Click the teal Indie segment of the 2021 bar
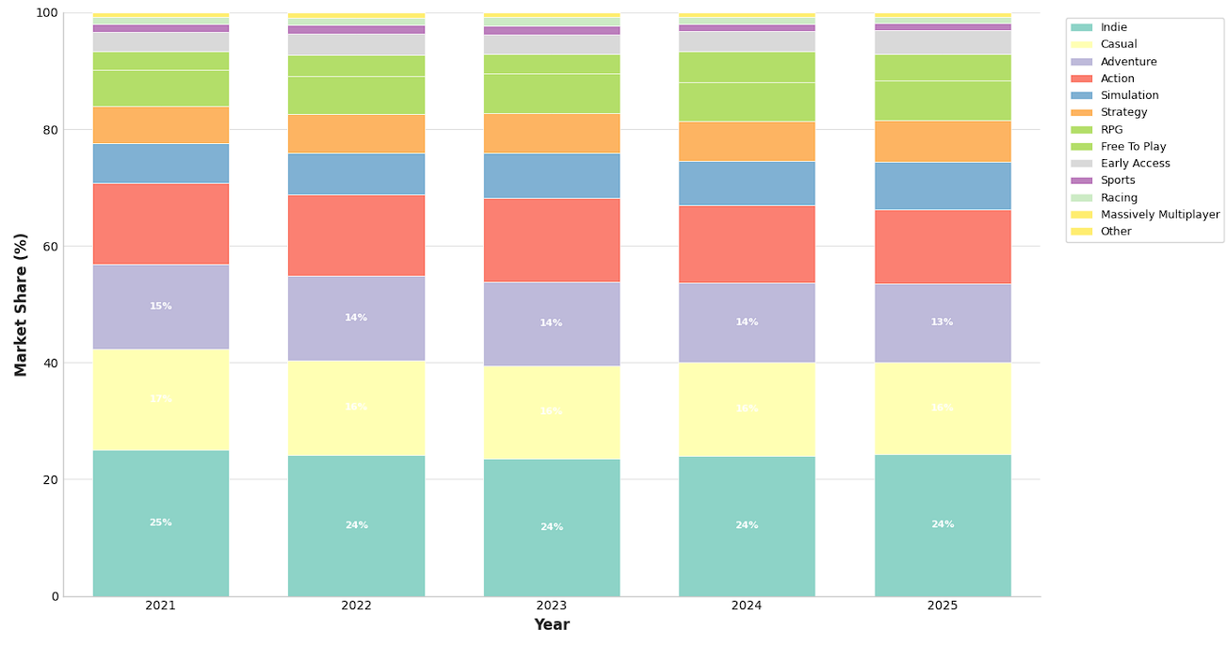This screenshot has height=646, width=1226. [x=160, y=523]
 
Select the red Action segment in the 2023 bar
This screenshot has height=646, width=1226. [x=551, y=240]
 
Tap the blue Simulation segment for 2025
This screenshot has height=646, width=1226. [x=942, y=186]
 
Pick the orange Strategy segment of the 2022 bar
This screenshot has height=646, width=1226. [x=356, y=134]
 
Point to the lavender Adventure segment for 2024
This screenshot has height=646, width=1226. [x=747, y=322]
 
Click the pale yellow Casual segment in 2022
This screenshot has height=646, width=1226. [x=356, y=408]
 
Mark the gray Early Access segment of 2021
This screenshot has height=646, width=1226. [x=160, y=41]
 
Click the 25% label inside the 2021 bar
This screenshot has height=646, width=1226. [x=160, y=523]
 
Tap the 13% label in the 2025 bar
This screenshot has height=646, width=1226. [x=942, y=322]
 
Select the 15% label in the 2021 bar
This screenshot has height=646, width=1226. [x=160, y=306]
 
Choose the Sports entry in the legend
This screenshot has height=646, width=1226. [x=1118, y=181]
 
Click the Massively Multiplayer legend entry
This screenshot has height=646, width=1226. [x=1159, y=215]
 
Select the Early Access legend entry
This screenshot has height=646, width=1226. [x=1135, y=164]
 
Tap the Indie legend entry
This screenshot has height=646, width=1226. [x=1113, y=27]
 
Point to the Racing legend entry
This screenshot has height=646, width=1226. [x=1119, y=198]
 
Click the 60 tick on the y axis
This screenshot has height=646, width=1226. [x=47, y=247]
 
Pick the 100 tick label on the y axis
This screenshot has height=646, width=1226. [x=45, y=13]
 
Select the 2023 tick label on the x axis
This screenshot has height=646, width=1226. [x=551, y=606]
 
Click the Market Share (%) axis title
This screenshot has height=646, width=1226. [x=21, y=304]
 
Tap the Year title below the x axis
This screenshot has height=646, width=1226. [x=551, y=625]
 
